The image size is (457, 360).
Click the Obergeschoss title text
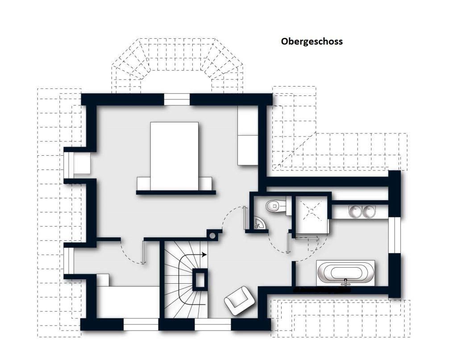312,41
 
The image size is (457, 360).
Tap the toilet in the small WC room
276,206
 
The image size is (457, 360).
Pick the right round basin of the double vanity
369,211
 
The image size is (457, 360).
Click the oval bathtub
346,273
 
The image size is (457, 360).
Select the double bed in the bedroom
174,156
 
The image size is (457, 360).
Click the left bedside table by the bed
143,183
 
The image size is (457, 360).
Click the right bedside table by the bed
205,183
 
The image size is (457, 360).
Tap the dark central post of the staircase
199,280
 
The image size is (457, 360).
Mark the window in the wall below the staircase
213,324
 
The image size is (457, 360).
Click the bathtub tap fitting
346,282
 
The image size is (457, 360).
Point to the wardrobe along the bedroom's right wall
248,135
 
